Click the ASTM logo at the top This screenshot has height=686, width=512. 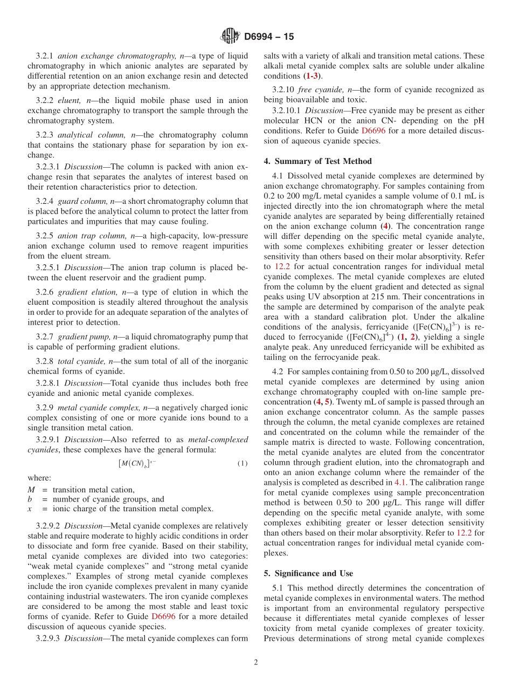coord(230,36)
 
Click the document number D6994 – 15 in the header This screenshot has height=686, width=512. coord(269,37)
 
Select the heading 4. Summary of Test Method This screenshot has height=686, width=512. coord(317,161)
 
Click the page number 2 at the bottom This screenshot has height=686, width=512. coord(256,662)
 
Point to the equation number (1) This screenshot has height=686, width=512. coord(242,463)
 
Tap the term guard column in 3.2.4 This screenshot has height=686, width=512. coord(80,201)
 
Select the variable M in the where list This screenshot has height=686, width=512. coord(31,490)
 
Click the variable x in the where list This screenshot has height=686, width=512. coord(31,509)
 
